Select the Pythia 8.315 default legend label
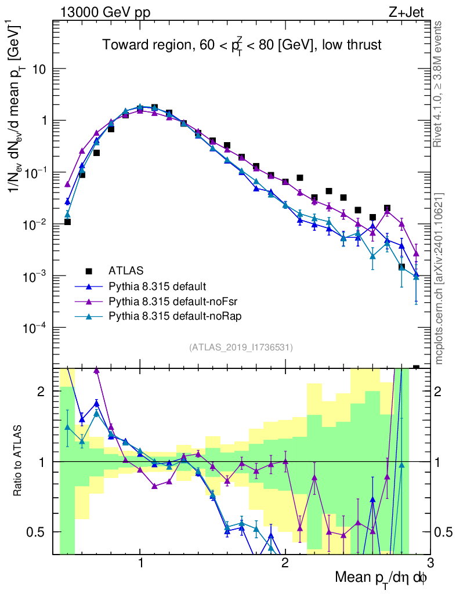point(157,286)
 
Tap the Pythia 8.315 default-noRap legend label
point(169,316)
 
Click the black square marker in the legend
point(89,270)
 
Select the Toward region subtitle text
point(242,46)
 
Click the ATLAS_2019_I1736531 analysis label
point(241,347)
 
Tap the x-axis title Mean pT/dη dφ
point(381,577)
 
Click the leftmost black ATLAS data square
point(67,222)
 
